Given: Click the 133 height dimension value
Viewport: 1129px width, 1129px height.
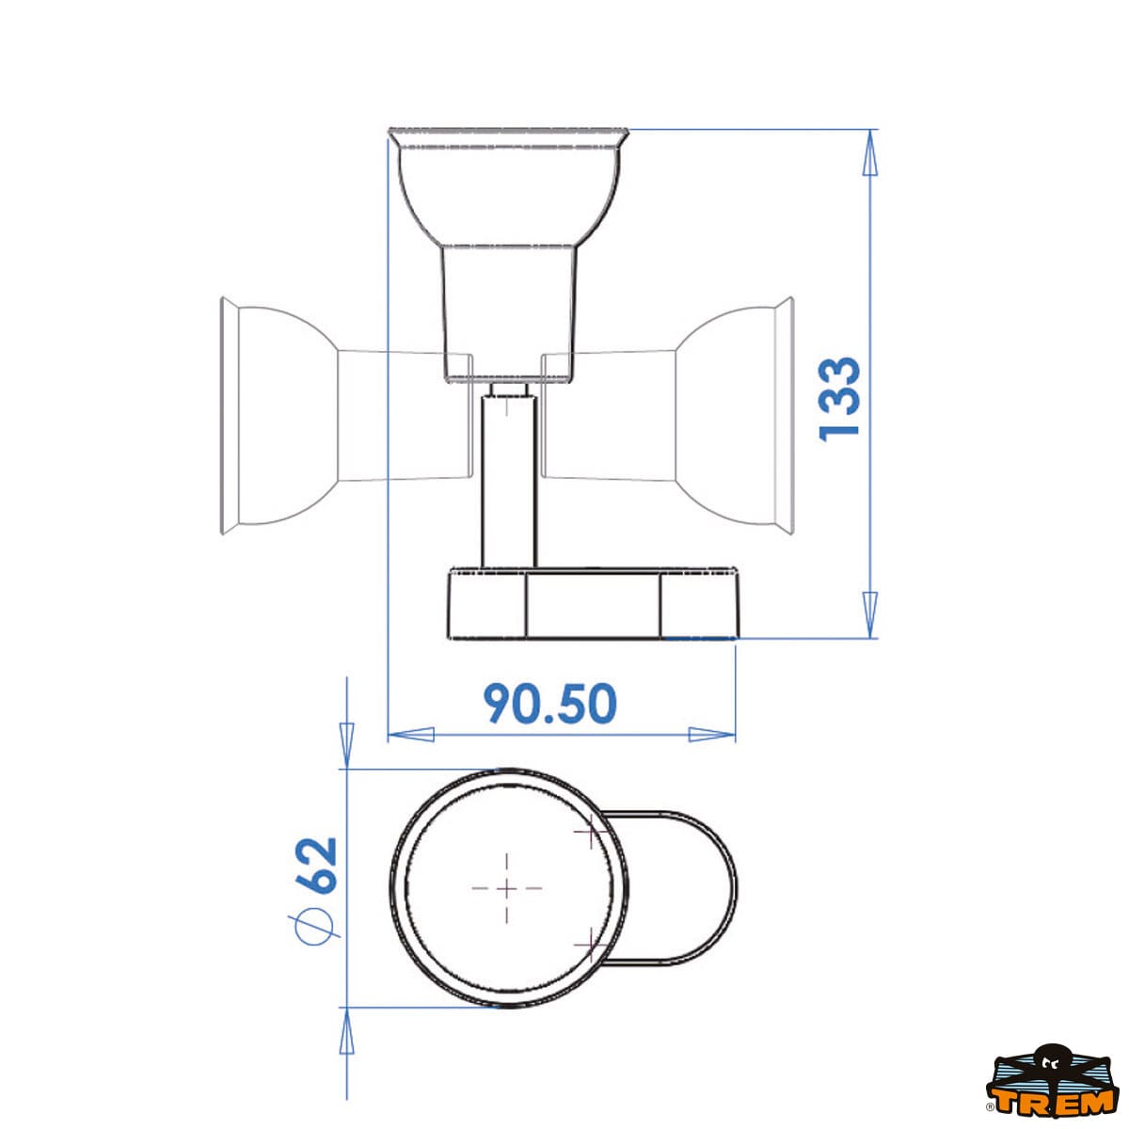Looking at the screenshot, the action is (839, 399).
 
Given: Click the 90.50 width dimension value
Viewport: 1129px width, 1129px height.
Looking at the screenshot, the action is (550, 703).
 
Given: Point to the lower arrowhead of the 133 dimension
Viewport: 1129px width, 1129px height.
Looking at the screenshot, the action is (870, 614).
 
